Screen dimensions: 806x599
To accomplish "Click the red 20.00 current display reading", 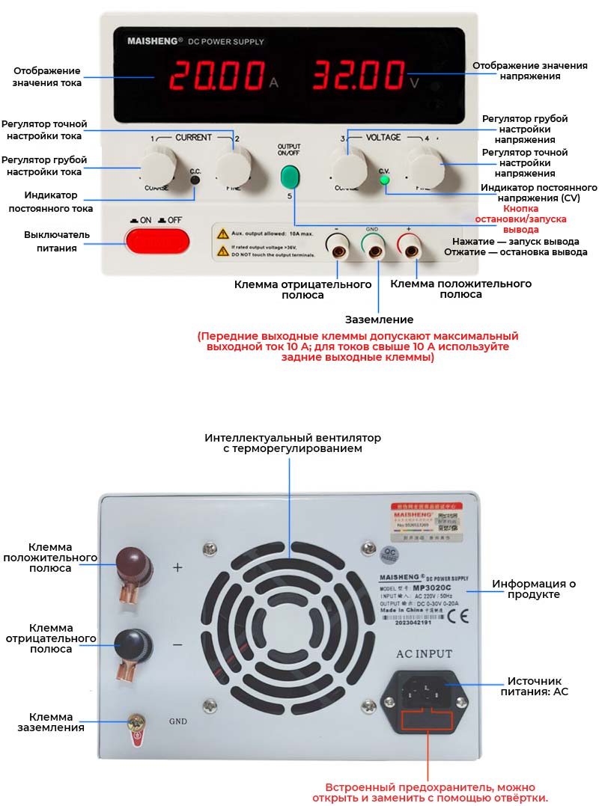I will click(x=216, y=76).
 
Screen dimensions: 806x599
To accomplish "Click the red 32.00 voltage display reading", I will click(x=358, y=76).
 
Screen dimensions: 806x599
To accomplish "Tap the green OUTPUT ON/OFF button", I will click(x=289, y=177).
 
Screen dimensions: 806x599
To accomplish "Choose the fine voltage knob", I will click(x=423, y=165).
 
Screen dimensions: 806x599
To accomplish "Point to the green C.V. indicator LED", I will click(x=385, y=180).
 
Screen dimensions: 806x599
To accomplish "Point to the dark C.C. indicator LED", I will click(x=195, y=180).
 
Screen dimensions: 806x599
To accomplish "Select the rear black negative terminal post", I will click(x=133, y=643).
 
